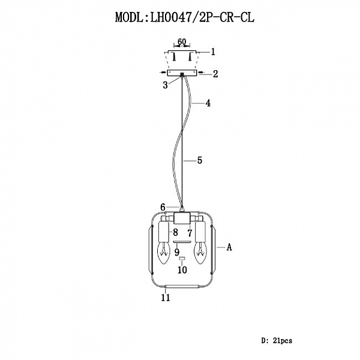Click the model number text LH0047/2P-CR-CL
202,17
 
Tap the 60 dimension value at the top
182,42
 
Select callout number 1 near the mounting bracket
213,52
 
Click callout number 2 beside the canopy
215,74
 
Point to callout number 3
166,85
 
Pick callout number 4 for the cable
208,103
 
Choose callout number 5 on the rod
200,160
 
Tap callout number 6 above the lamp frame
163,208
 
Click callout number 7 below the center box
190,233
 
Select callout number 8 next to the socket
175,232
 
